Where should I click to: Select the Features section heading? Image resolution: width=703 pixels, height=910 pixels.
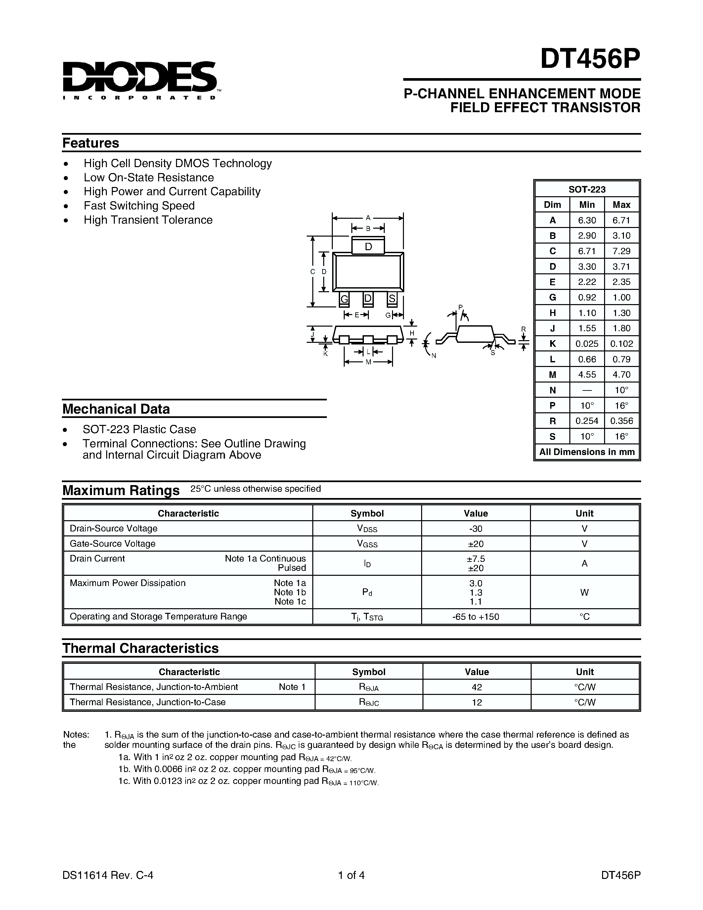(x=91, y=143)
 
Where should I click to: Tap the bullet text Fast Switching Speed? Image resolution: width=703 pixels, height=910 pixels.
(x=139, y=206)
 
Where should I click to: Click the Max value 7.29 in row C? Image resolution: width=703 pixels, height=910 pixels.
(x=621, y=251)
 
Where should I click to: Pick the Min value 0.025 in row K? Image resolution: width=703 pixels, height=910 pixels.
(x=587, y=344)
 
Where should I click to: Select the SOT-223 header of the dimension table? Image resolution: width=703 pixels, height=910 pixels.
(x=587, y=189)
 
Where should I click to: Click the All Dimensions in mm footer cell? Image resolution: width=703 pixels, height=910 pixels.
(x=587, y=452)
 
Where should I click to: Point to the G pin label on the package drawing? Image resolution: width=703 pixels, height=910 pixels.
(x=344, y=299)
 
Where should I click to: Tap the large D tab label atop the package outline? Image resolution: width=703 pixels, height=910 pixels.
(x=368, y=247)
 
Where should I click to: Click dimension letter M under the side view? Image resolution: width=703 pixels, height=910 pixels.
(x=368, y=362)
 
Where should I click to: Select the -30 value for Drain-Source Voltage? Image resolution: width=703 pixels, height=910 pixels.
(x=476, y=529)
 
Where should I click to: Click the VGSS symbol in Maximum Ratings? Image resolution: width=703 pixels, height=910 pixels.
(x=367, y=544)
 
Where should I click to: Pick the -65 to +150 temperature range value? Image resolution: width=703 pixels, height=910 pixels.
(x=476, y=617)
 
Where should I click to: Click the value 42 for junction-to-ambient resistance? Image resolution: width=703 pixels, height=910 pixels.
(x=477, y=687)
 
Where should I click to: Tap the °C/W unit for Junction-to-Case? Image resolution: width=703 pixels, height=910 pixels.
(x=585, y=703)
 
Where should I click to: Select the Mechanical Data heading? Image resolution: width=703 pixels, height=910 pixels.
(x=116, y=409)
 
